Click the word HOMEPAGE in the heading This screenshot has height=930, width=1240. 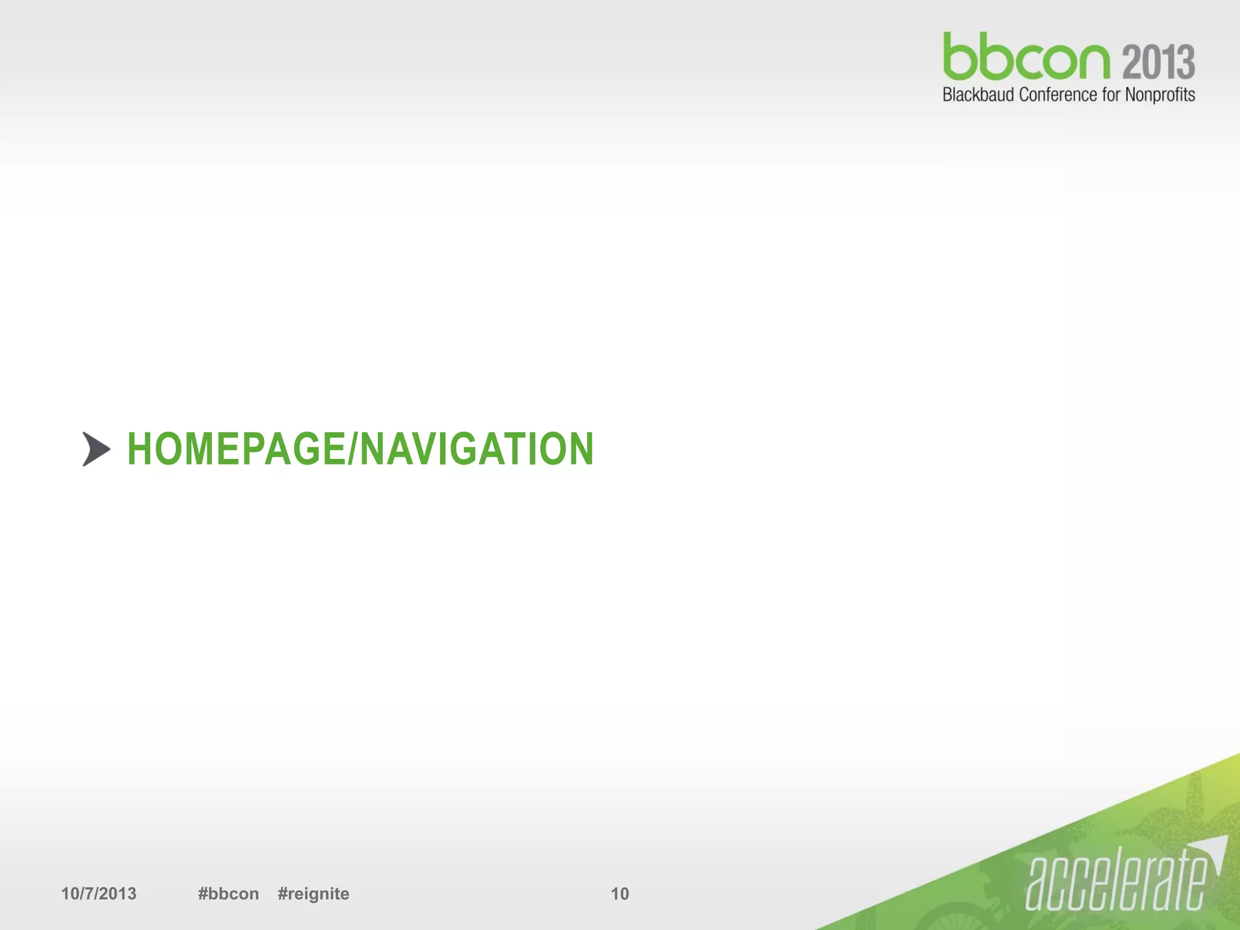[x=236, y=449]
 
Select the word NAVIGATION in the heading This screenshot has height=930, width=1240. [x=477, y=449]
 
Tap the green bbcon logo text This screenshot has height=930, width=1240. [x=1026, y=58]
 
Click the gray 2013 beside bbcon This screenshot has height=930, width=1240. [x=1158, y=62]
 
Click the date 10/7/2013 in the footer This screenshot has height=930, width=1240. [x=99, y=894]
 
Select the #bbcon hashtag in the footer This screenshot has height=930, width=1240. [x=228, y=894]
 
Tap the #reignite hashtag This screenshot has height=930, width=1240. [x=314, y=894]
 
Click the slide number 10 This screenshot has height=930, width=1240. [x=619, y=894]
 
